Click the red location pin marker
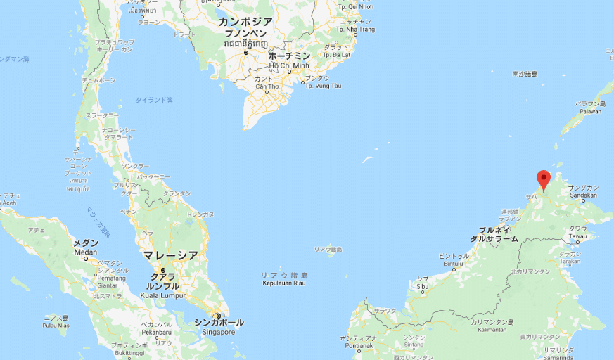click(543, 179)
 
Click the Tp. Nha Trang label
click(355, 30)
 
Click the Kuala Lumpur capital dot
click(162, 271)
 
